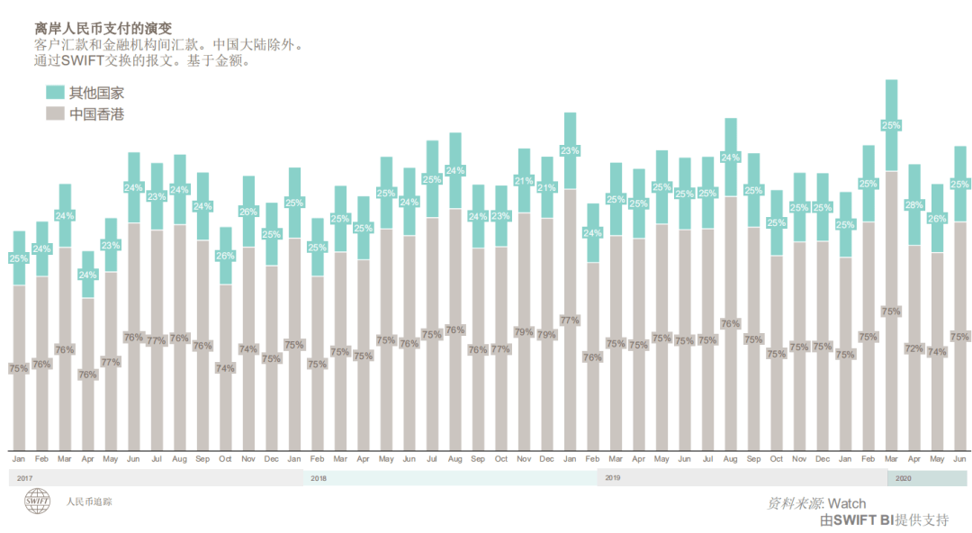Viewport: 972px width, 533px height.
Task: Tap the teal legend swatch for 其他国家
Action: point(55,92)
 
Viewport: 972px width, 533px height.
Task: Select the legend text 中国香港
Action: point(96,114)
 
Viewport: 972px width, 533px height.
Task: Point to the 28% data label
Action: point(914,205)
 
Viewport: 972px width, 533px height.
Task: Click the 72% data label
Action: point(914,348)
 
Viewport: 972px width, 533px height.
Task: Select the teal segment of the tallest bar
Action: point(892,125)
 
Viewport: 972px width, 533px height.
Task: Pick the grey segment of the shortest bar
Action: point(87,374)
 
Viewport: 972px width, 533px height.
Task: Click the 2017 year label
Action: point(25,478)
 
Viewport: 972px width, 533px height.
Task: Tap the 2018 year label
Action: point(319,478)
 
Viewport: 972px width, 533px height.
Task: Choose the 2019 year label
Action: point(613,477)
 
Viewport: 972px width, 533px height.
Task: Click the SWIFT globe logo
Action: point(38,502)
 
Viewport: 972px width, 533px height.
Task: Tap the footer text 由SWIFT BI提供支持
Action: point(884,520)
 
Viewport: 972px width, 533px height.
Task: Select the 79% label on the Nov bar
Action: point(523,332)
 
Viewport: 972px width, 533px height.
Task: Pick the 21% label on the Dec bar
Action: point(546,188)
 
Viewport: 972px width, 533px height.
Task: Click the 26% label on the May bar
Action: point(937,219)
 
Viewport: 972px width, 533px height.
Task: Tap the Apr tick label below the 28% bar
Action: point(914,459)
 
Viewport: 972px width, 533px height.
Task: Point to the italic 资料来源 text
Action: point(794,503)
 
